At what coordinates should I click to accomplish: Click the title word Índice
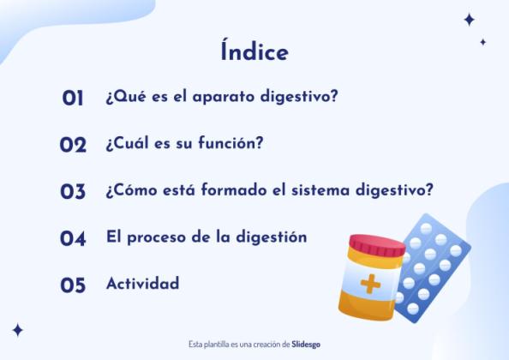(x=254, y=51)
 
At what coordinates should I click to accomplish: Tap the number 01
(x=73, y=99)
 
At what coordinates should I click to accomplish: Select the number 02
(x=73, y=145)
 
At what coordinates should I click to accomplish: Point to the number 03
(x=73, y=192)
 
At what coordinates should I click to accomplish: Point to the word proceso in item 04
(x=158, y=237)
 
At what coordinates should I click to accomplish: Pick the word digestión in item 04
(x=268, y=237)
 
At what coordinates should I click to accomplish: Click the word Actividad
(x=142, y=284)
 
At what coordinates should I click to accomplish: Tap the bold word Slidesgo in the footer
(x=306, y=344)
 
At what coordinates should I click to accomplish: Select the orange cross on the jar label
(x=371, y=283)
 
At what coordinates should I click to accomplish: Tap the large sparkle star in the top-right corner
(x=469, y=20)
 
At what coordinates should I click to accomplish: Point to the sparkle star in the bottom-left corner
(x=17, y=330)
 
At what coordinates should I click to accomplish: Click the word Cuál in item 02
(x=128, y=143)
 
